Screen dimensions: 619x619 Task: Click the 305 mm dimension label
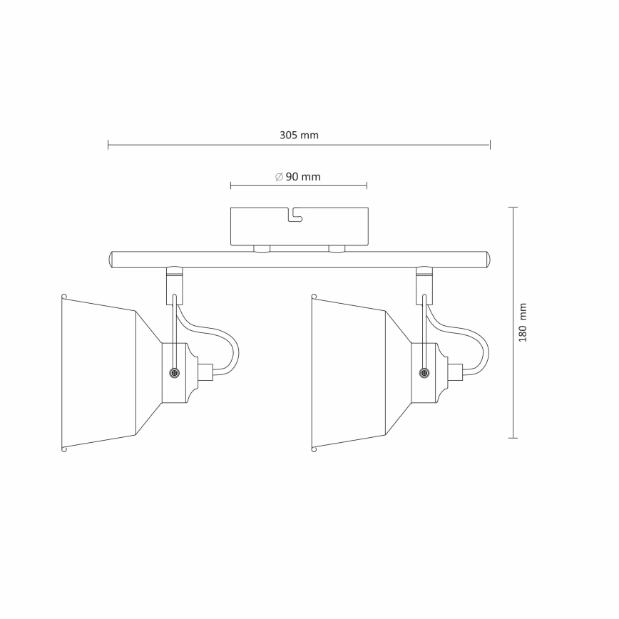[299, 135]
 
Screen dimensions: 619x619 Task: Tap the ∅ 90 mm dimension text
[298, 177]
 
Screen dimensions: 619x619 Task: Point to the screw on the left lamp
[174, 372]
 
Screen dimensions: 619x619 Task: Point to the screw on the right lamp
[424, 372]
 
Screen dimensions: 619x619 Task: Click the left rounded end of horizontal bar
[111, 259]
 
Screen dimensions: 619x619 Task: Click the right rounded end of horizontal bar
[486, 259]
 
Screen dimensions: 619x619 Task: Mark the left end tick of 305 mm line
[108, 145]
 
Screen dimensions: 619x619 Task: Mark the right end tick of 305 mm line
[491, 145]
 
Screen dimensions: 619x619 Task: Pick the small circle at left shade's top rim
[64, 296]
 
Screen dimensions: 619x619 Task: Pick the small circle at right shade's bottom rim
[314, 449]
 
